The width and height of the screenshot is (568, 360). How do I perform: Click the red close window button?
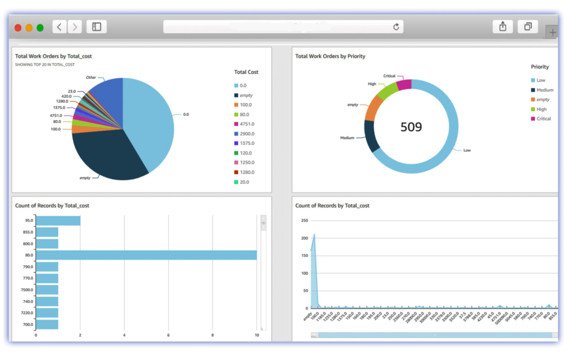point(18,28)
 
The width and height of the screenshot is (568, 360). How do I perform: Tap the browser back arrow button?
point(59,27)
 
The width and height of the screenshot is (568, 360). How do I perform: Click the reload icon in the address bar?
point(396,27)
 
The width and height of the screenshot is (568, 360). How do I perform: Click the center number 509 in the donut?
point(411,127)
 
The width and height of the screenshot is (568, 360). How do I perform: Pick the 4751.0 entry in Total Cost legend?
point(247,124)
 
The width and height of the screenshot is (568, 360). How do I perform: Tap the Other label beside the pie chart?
point(91,78)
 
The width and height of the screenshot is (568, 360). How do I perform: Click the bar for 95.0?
point(58,220)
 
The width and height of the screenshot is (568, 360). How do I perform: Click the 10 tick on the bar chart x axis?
point(256,335)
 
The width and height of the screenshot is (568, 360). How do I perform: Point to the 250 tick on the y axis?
point(304,220)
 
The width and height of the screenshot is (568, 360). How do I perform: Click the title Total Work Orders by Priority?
point(330,56)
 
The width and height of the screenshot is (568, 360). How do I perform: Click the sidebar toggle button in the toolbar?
point(97,27)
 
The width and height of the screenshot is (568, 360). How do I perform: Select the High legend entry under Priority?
point(541,109)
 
